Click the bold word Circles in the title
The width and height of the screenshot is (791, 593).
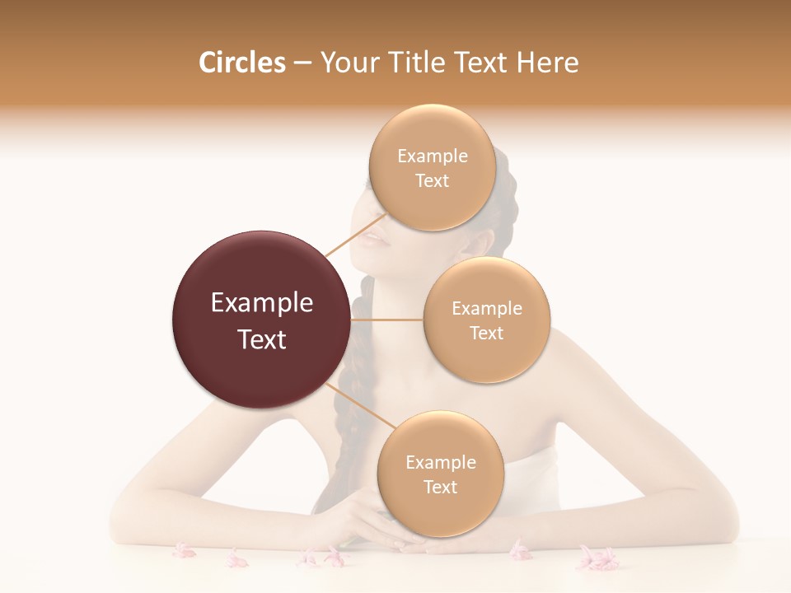241,63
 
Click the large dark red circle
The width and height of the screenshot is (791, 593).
260,320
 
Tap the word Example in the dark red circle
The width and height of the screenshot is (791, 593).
262,303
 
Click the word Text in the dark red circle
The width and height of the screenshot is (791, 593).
262,339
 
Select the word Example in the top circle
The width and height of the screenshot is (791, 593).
433,156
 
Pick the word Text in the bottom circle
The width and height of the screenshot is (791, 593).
440,487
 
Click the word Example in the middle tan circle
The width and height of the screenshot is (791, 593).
487,309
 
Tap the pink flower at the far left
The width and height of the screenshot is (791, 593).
183,550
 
